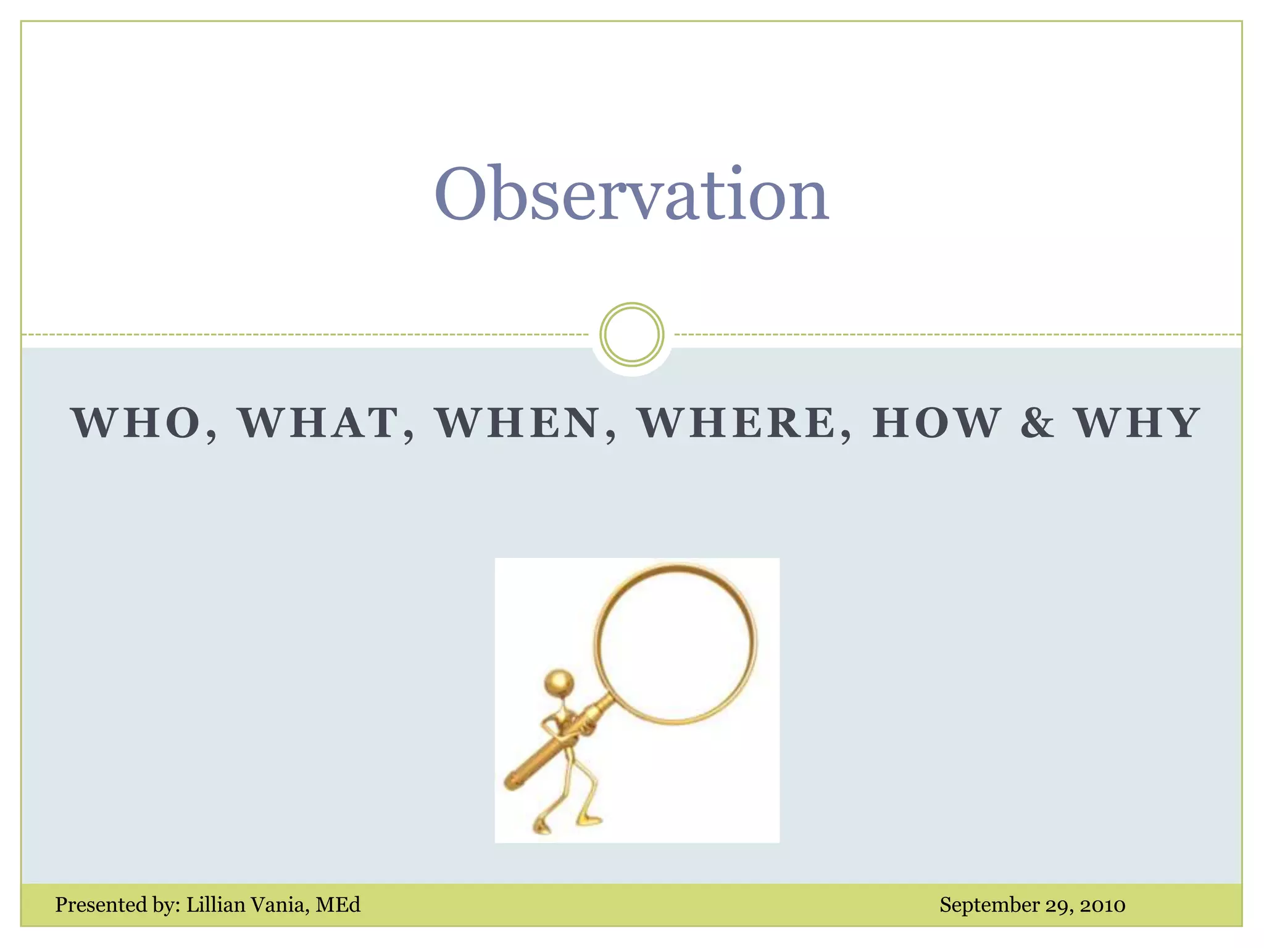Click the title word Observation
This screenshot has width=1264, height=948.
point(631,194)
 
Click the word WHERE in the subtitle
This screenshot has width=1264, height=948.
point(738,423)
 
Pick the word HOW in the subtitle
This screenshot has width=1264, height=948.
point(936,423)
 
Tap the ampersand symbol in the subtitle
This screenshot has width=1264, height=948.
point(1037,423)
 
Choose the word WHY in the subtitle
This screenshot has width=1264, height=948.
point(1137,423)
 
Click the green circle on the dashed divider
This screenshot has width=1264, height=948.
point(631,335)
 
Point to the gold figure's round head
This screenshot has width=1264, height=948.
point(559,683)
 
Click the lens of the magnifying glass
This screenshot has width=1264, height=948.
point(675,643)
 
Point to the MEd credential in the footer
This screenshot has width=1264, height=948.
point(338,905)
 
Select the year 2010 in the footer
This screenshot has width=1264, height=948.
point(1102,905)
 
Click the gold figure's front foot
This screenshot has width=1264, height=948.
point(589,820)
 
